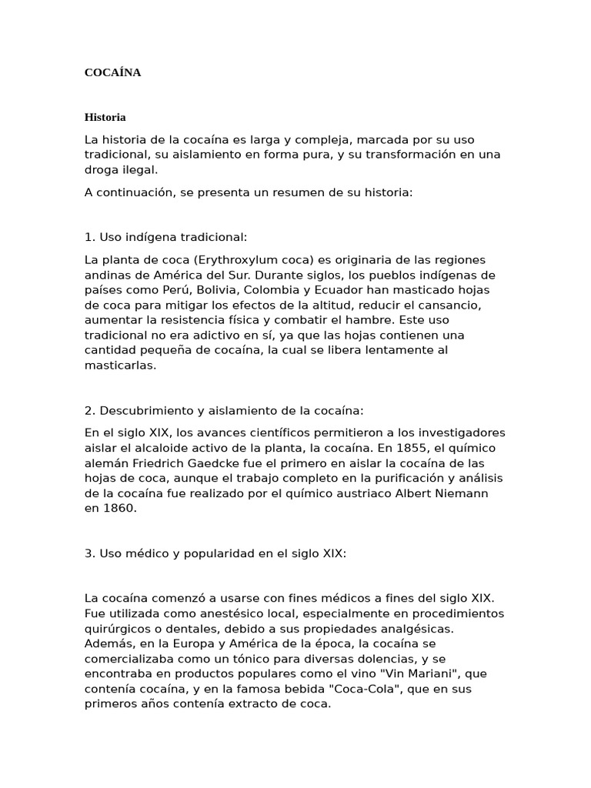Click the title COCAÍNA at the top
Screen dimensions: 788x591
tap(112, 73)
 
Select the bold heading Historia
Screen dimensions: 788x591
tap(105, 118)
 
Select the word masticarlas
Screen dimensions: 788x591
tap(120, 366)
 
